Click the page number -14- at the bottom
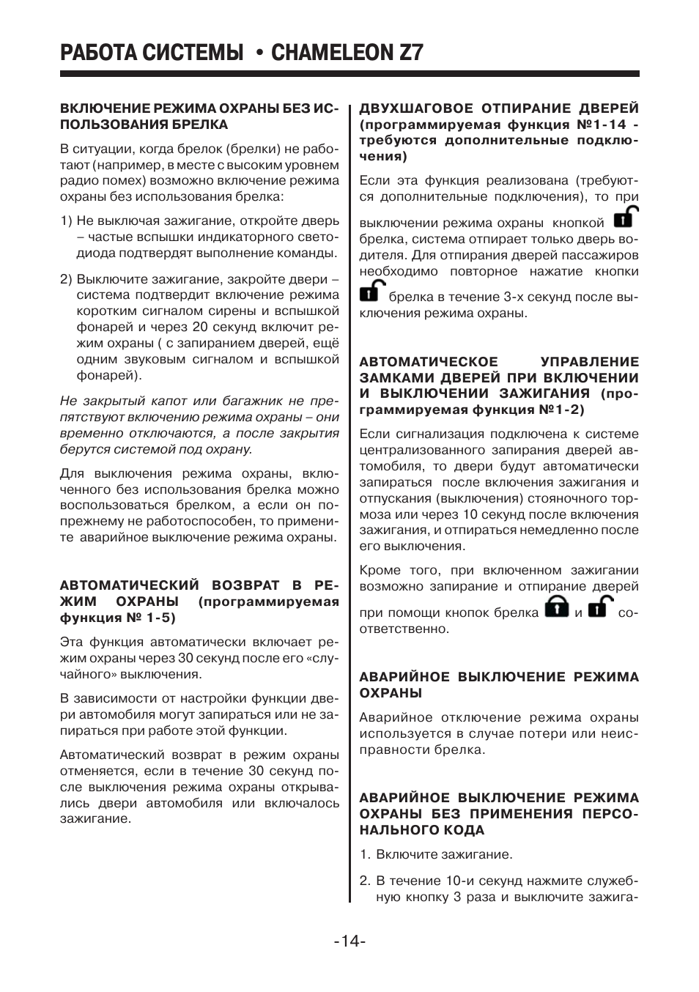click(349, 941)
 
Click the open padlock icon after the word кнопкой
click(625, 218)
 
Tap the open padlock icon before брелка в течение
click(371, 292)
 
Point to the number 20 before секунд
click(200, 327)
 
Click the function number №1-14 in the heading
click(602, 125)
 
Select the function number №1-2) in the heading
click(562, 410)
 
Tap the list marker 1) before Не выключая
click(66, 221)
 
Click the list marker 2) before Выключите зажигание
click(66, 279)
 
